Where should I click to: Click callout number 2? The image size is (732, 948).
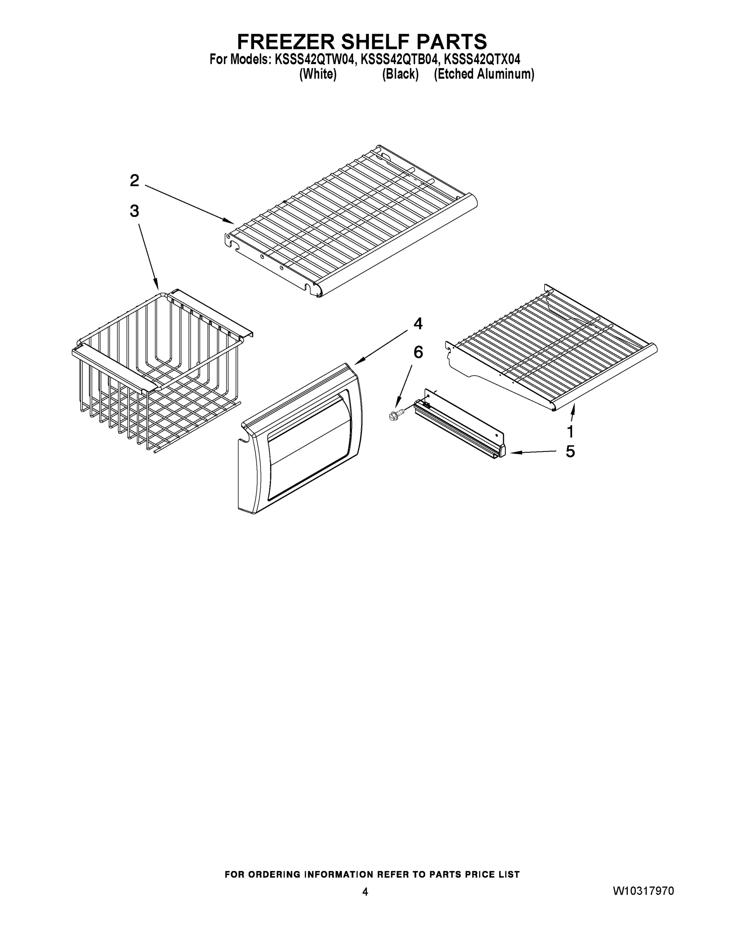[135, 181]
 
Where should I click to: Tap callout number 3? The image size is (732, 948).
[135, 211]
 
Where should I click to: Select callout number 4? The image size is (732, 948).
[417, 324]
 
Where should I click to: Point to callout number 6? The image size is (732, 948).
[418, 352]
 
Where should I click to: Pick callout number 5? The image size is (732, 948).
[570, 451]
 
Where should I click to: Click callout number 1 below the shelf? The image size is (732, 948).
[570, 431]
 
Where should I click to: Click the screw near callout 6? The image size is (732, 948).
[395, 416]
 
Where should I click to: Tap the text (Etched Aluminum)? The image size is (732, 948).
[484, 74]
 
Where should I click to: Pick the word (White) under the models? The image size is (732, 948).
[318, 74]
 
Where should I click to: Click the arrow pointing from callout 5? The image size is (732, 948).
[534, 452]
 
